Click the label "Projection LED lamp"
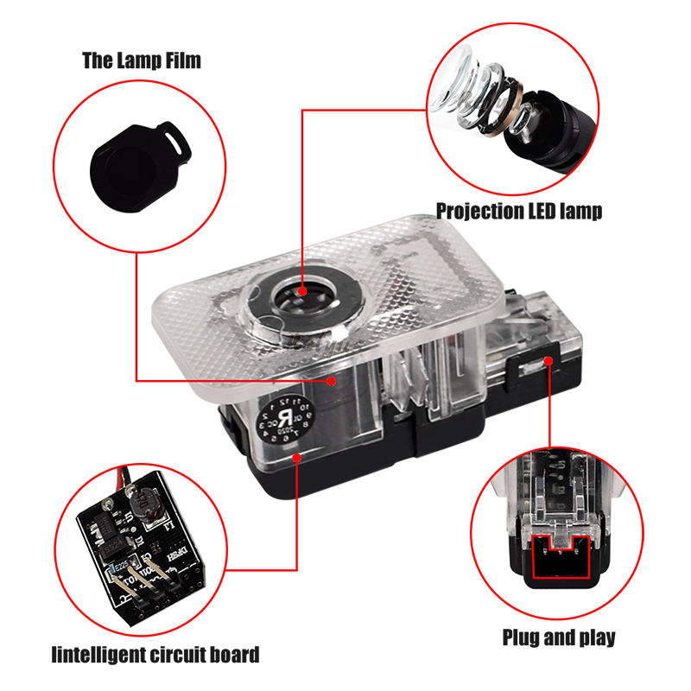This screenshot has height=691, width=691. coord(518,210)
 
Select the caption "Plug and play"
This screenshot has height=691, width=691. coord(560,638)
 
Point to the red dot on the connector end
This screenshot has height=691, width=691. coord(550,360)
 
